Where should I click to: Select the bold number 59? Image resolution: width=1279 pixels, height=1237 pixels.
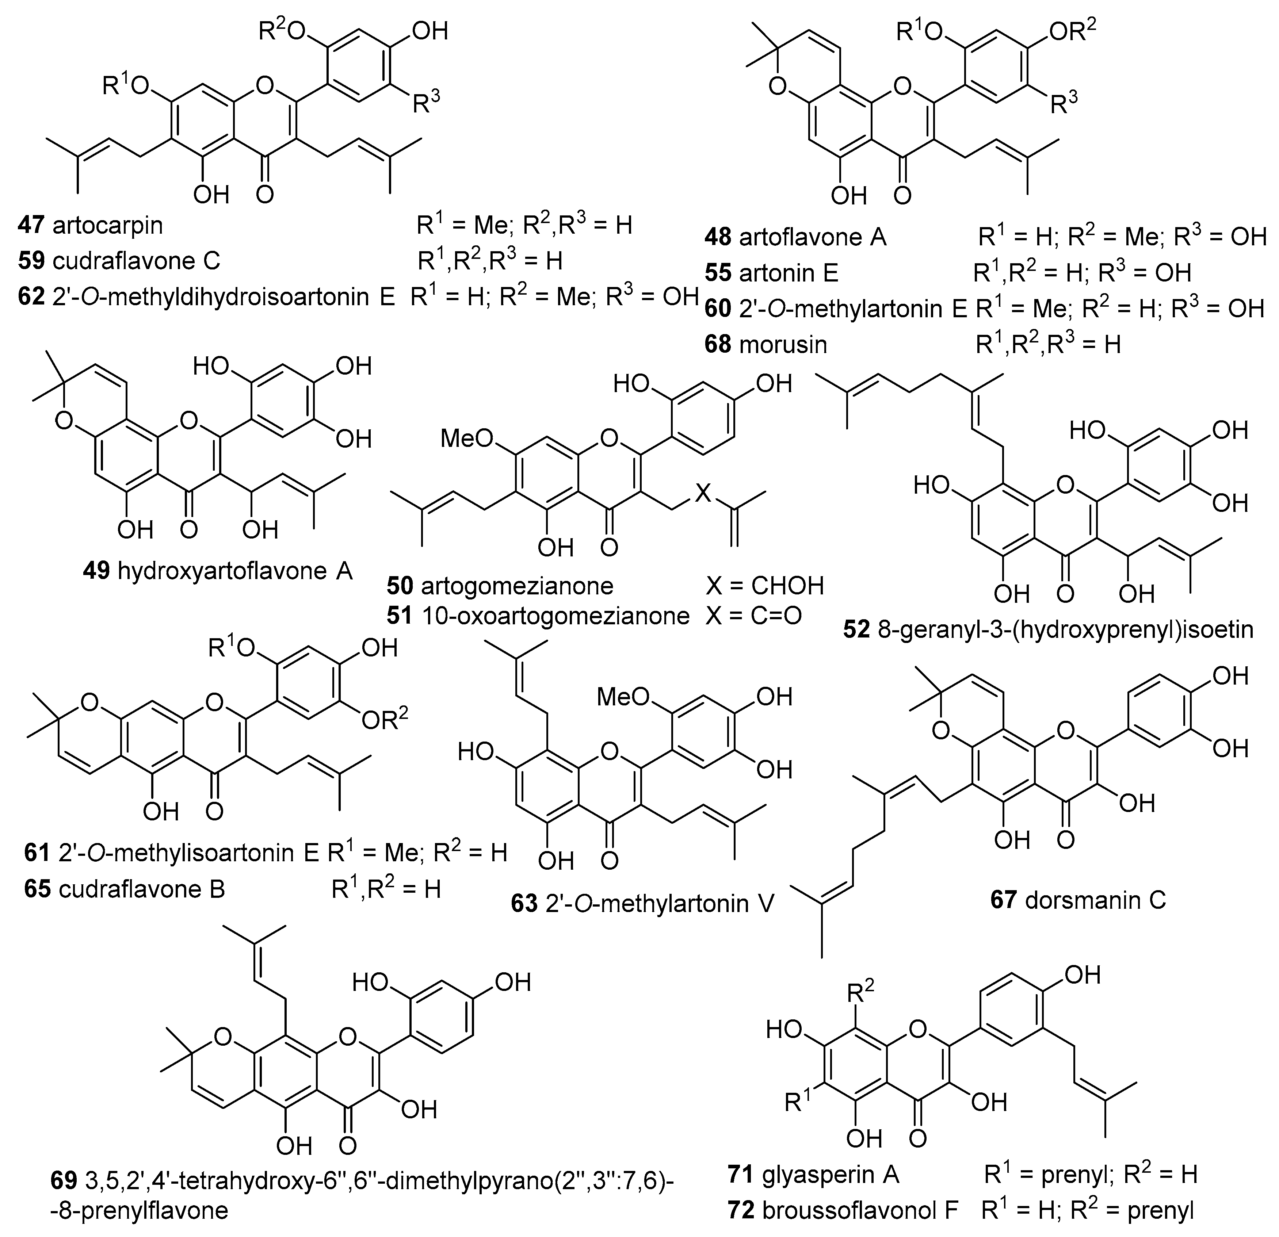tap(31, 261)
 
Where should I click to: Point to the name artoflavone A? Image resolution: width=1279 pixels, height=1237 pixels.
tap(812, 237)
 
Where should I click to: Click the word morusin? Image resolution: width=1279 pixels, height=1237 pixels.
tap(783, 344)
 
